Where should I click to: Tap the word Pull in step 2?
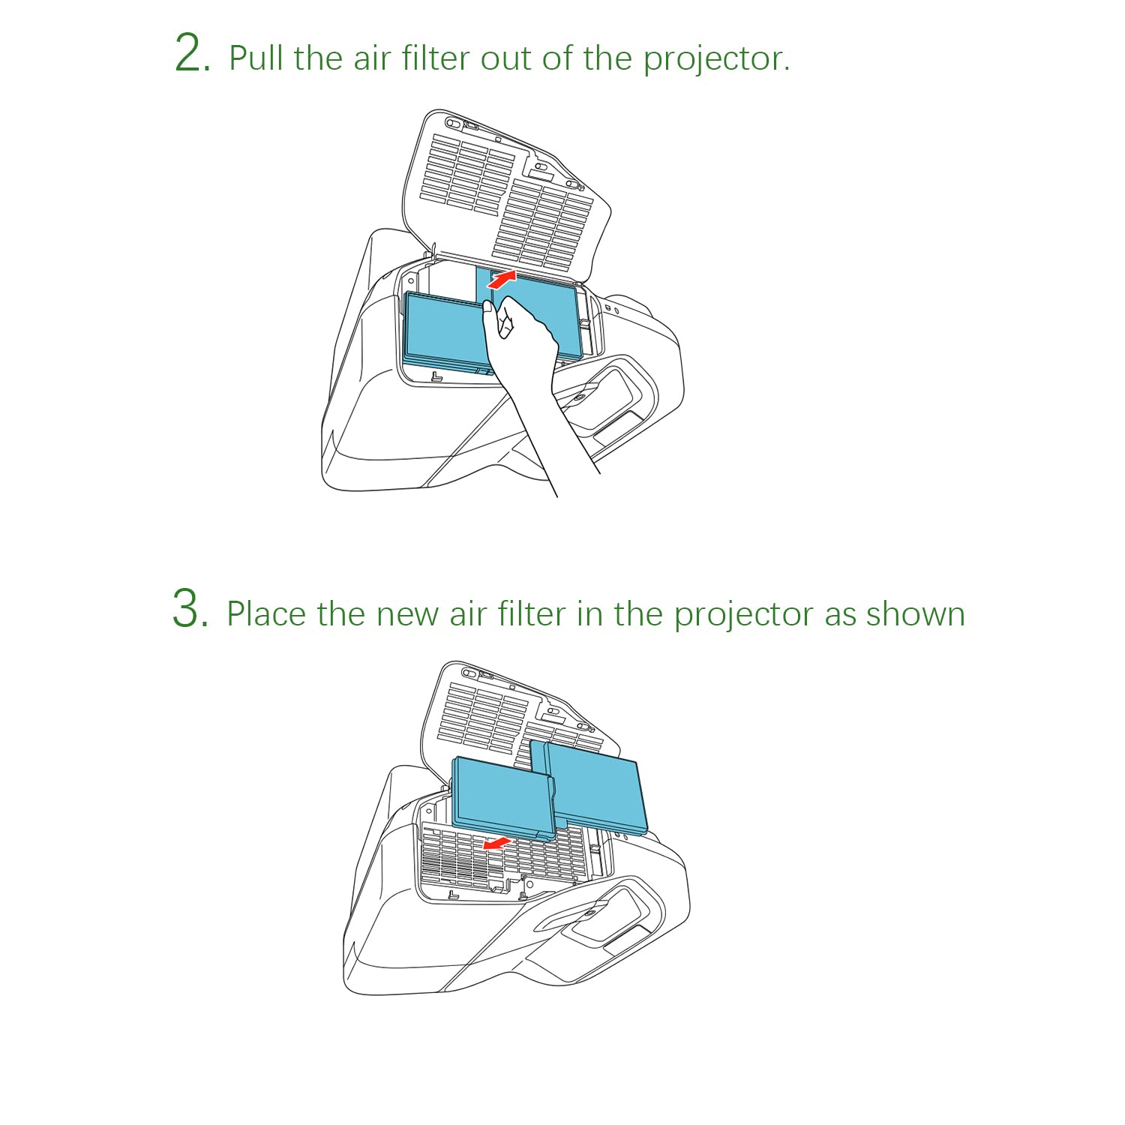(256, 58)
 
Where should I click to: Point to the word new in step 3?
(407, 615)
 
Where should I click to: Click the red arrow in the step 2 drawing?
(502, 280)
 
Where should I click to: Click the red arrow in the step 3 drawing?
(496, 844)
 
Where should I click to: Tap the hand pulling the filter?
(525, 360)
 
